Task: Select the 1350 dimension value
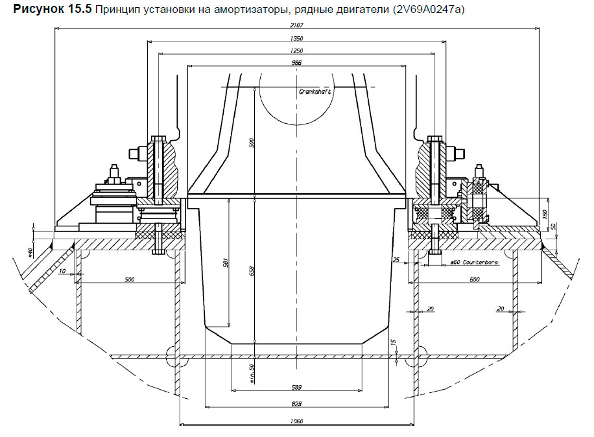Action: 297,38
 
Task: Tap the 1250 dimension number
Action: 297,50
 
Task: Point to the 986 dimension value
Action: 297,62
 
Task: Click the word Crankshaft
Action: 315,92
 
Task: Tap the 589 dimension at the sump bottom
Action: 297,387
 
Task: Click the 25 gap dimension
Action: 396,260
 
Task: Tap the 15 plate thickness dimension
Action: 393,342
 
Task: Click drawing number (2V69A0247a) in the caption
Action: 429,10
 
